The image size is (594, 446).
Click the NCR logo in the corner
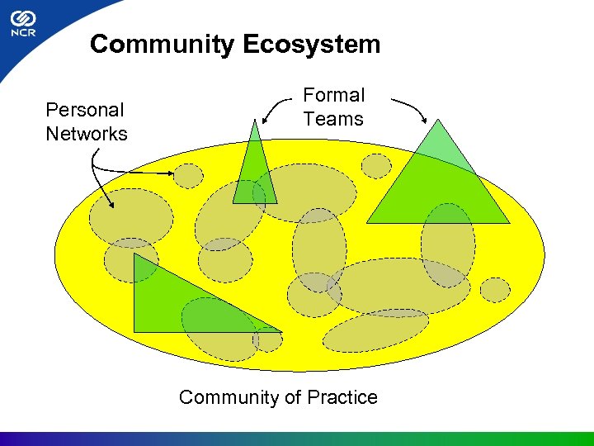pyautogui.click(x=21, y=25)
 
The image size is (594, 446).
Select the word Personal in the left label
pyautogui.click(x=84, y=110)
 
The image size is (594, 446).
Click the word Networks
pyautogui.click(x=87, y=133)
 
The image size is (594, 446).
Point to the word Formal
pyautogui.click(x=333, y=95)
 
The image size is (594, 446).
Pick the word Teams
pyautogui.click(x=332, y=119)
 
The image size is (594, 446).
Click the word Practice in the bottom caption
pyautogui.click(x=342, y=397)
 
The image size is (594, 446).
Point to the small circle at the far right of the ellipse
pyautogui.click(x=495, y=290)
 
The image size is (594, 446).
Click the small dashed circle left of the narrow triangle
pyautogui.click(x=189, y=175)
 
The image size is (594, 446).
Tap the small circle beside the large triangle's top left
pyautogui.click(x=377, y=166)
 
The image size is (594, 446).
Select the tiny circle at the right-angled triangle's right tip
pyautogui.click(x=267, y=339)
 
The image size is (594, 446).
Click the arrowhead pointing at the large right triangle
pyautogui.click(x=424, y=121)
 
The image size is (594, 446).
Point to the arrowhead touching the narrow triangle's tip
pyautogui.click(x=266, y=120)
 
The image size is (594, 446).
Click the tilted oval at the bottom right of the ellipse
pyautogui.click(x=375, y=330)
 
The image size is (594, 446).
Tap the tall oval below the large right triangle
pyautogui.click(x=447, y=244)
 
